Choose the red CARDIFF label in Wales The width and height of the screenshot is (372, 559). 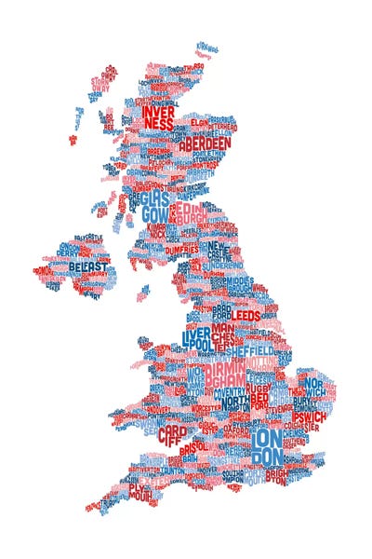coord(172,436)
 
